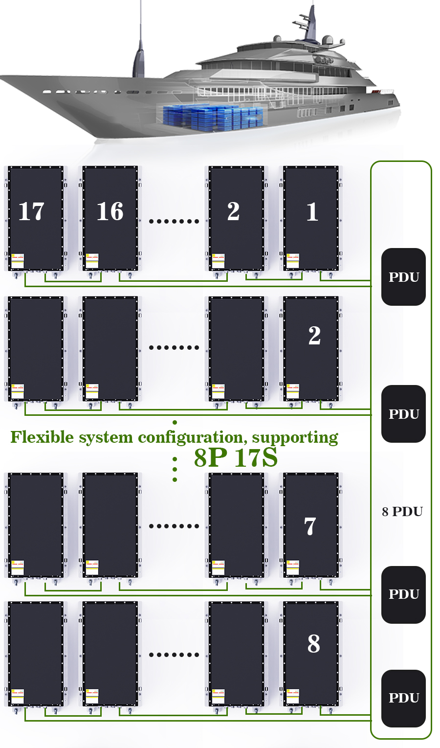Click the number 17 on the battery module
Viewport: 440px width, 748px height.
31,212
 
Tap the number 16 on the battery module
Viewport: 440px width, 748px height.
110,212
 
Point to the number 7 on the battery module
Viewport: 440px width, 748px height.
310,526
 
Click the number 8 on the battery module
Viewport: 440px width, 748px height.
313,644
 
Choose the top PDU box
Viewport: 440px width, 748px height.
403,277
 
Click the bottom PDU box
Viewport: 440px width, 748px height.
403,698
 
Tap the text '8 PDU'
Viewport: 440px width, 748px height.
402,512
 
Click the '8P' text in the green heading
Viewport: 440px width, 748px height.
211,458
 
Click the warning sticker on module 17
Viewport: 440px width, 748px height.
18,261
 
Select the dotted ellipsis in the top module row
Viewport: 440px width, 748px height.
174,221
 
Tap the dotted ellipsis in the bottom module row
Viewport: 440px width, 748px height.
174,655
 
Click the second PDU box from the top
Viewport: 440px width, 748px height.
403,414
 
